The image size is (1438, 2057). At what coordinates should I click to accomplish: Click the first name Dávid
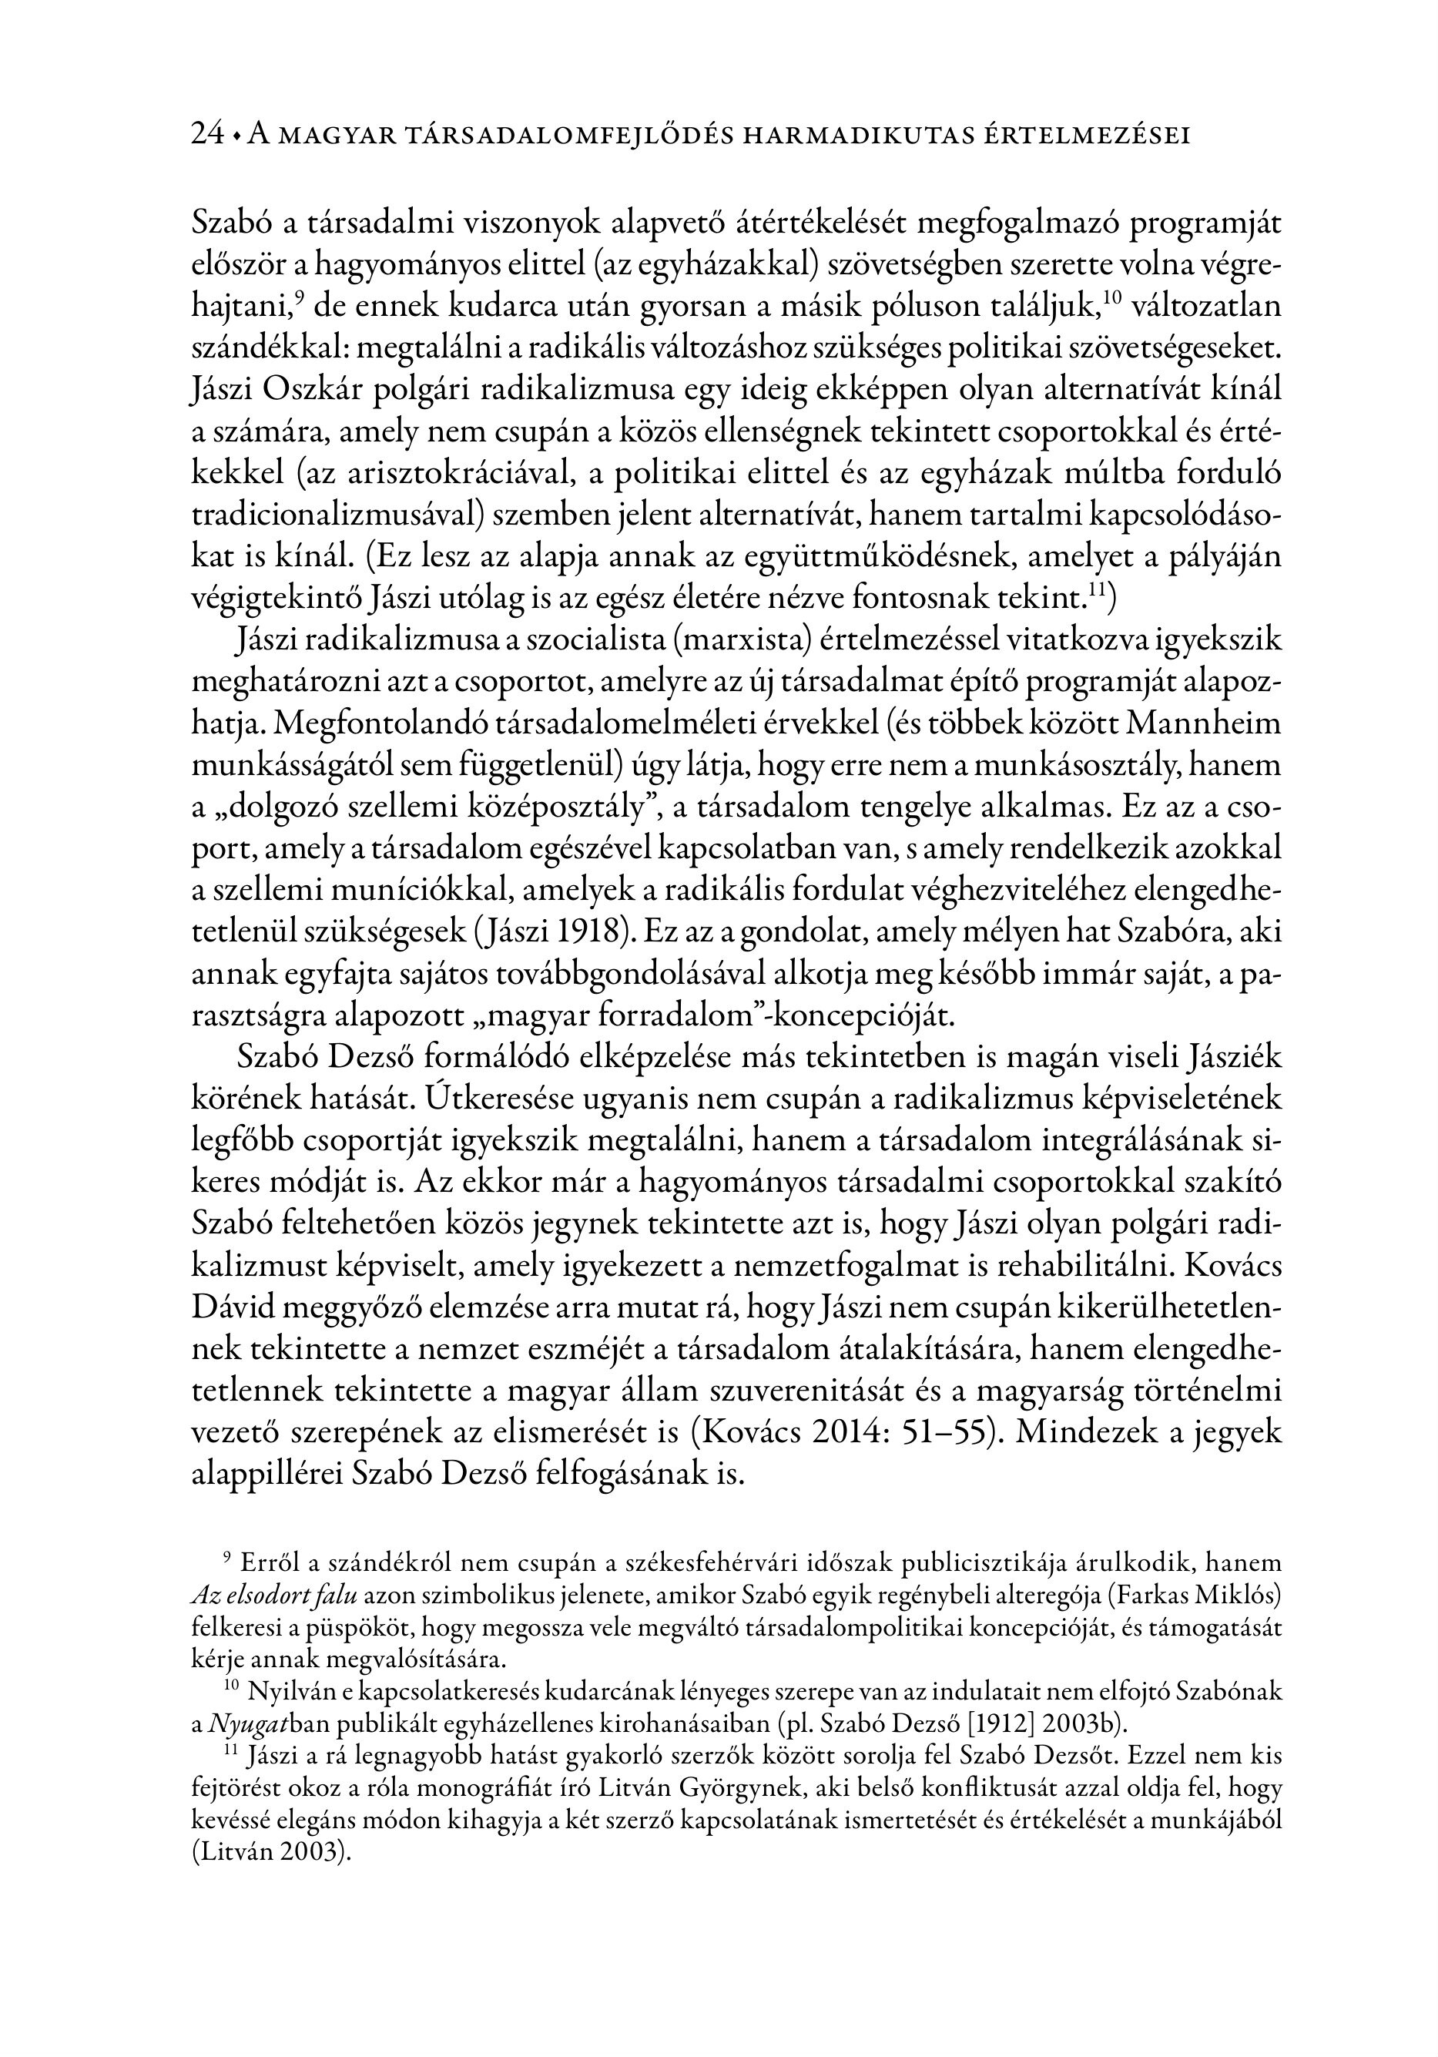click(233, 1308)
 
